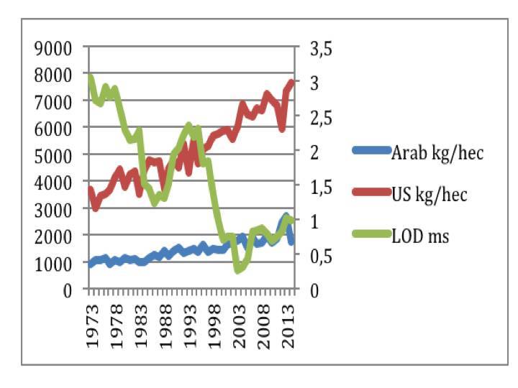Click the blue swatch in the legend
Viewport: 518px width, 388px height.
pyautogui.click(x=370, y=152)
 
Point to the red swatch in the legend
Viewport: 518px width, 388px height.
pyautogui.click(x=370, y=193)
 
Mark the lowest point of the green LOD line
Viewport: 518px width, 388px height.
pyautogui.click(x=238, y=270)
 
